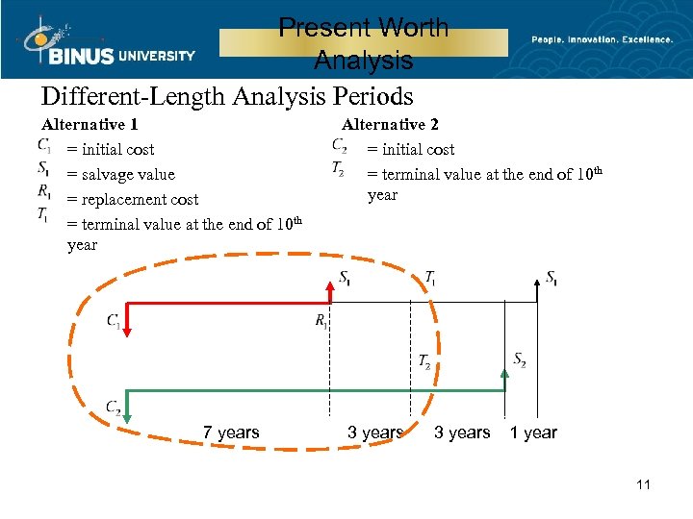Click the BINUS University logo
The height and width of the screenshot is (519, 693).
[x=106, y=43]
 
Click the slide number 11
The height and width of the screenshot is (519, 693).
[x=643, y=484]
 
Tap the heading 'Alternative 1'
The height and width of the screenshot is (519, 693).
[x=90, y=124]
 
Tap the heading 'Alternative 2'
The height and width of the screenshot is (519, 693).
[x=390, y=124]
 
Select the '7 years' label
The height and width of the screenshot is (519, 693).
[x=231, y=432]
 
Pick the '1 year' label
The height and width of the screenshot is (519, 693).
[x=533, y=432]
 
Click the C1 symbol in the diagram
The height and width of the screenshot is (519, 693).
[x=114, y=320]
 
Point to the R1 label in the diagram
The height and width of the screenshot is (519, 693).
[x=321, y=321]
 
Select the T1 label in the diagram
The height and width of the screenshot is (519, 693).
[x=429, y=278]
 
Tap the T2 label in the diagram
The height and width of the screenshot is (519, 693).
[x=424, y=361]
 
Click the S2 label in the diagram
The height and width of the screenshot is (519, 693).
[x=519, y=360]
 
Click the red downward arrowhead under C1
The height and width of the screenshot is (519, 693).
[x=128, y=334]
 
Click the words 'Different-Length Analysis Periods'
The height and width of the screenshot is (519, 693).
[x=227, y=97]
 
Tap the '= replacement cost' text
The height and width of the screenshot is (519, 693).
[x=133, y=199]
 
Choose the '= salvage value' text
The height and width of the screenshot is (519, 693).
[x=121, y=174]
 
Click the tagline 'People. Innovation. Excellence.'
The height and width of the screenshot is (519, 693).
[x=603, y=39]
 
